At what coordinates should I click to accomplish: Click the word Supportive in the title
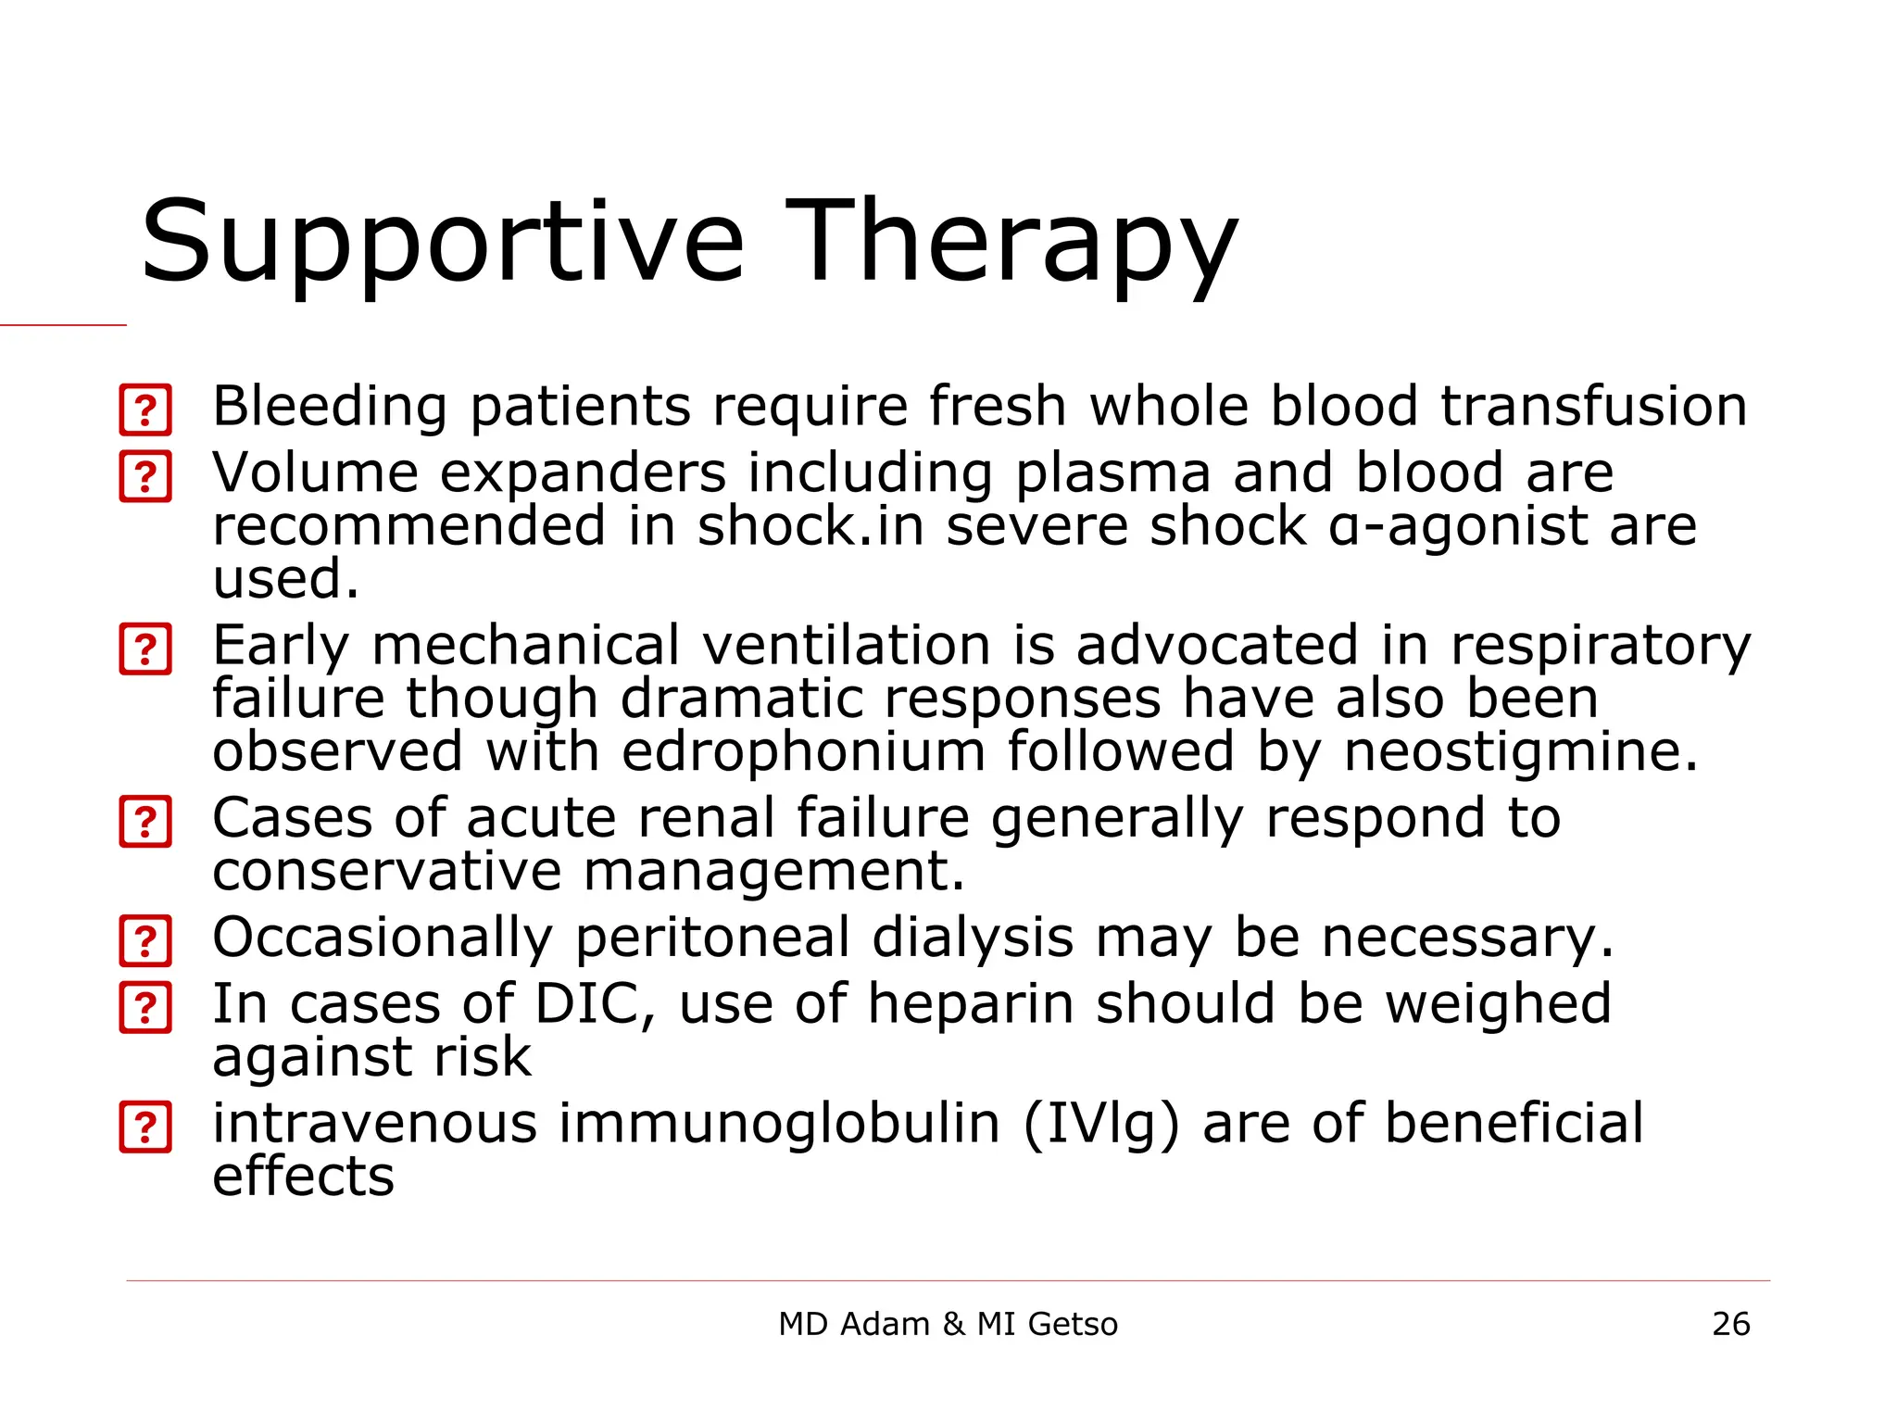pos(442,243)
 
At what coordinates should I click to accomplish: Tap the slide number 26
pos(1730,1324)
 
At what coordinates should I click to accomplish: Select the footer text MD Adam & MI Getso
pos(948,1324)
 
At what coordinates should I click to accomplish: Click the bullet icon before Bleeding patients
pos(145,409)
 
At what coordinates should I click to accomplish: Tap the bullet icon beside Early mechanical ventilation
pos(145,649)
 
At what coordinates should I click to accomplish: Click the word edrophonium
pos(803,751)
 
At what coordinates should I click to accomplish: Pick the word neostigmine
pos(1520,751)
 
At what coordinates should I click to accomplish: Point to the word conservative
pos(386,872)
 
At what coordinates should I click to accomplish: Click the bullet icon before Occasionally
pos(145,941)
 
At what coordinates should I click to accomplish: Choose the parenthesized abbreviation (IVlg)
pos(1101,1125)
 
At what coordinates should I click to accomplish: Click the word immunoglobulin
pos(779,1125)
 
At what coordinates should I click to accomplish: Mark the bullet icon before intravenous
pos(145,1127)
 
